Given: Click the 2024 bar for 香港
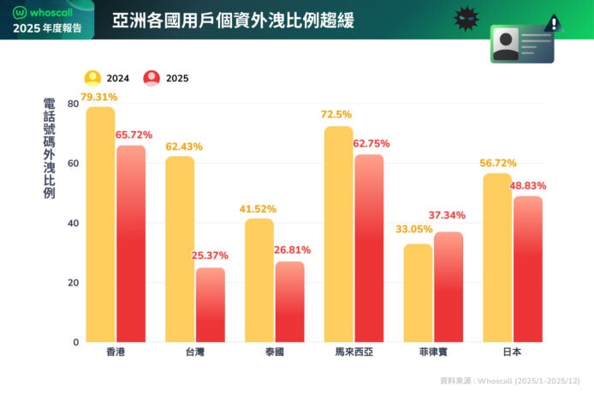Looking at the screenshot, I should pos(100,224).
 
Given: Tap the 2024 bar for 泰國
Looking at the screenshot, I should pos(259,280).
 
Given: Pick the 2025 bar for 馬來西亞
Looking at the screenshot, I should pos(369,248).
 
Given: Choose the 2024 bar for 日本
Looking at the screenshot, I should pos(497,257).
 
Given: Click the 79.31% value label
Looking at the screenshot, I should pos(99,97).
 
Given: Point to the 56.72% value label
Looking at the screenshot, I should pos(497,162).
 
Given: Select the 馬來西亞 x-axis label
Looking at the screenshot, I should pos(353,353).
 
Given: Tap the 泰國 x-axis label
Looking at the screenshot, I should pos(274,353).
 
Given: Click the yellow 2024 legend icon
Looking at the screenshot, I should pos(92,77).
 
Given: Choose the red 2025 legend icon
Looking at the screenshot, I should pos(152,77).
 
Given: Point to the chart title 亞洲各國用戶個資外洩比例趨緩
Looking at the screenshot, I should pos(233,19).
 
